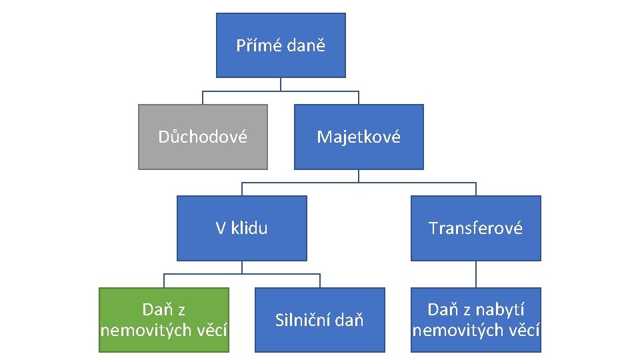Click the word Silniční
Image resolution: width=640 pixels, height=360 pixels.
303,320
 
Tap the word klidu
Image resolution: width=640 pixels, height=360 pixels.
250,229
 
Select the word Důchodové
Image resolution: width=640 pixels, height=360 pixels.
203,137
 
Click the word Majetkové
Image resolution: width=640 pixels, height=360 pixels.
359,137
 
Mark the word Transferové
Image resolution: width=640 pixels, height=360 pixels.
475,229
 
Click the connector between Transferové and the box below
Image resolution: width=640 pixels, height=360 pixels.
475,274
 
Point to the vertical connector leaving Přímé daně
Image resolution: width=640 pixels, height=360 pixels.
281,84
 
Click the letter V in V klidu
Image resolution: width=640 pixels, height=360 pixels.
221,229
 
